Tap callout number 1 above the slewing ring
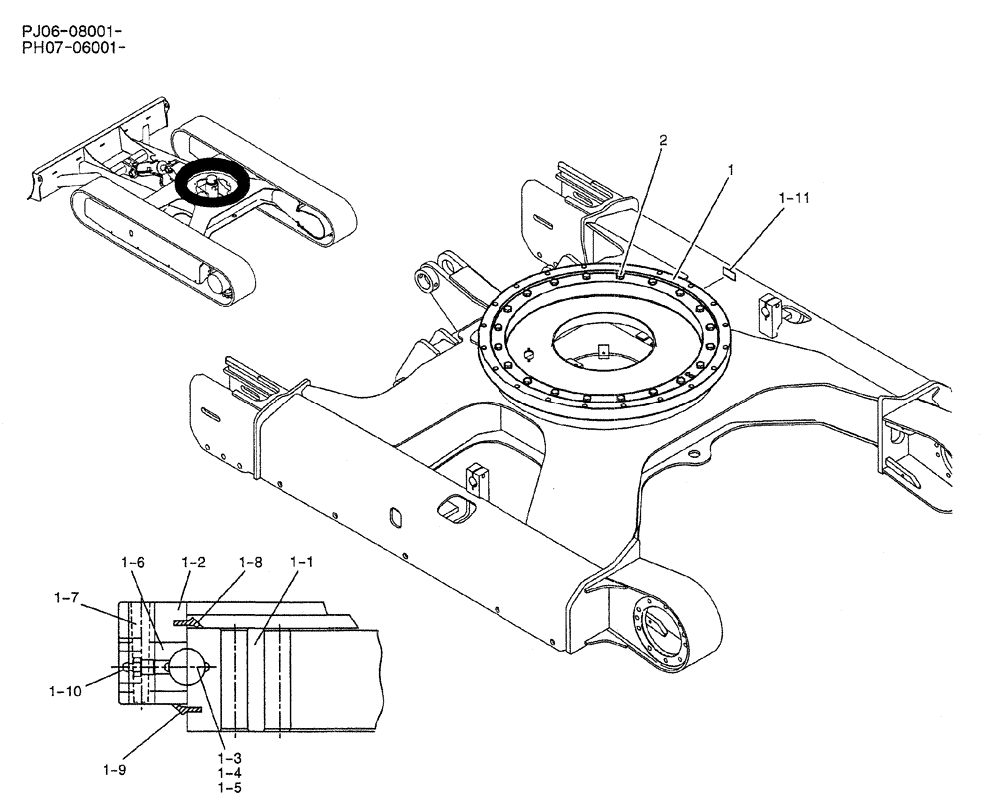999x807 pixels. [x=730, y=170]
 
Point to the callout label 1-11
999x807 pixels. [x=794, y=198]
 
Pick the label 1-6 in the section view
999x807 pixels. [x=133, y=563]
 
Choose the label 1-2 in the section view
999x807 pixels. [x=193, y=563]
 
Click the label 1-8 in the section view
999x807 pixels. [x=250, y=563]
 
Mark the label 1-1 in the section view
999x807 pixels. [x=301, y=563]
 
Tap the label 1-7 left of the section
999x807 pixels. [x=67, y=597]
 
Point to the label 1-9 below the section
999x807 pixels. [x=114, y=769]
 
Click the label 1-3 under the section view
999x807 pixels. [x=229, y=760]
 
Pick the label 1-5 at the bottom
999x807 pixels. [x=229, y=788]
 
